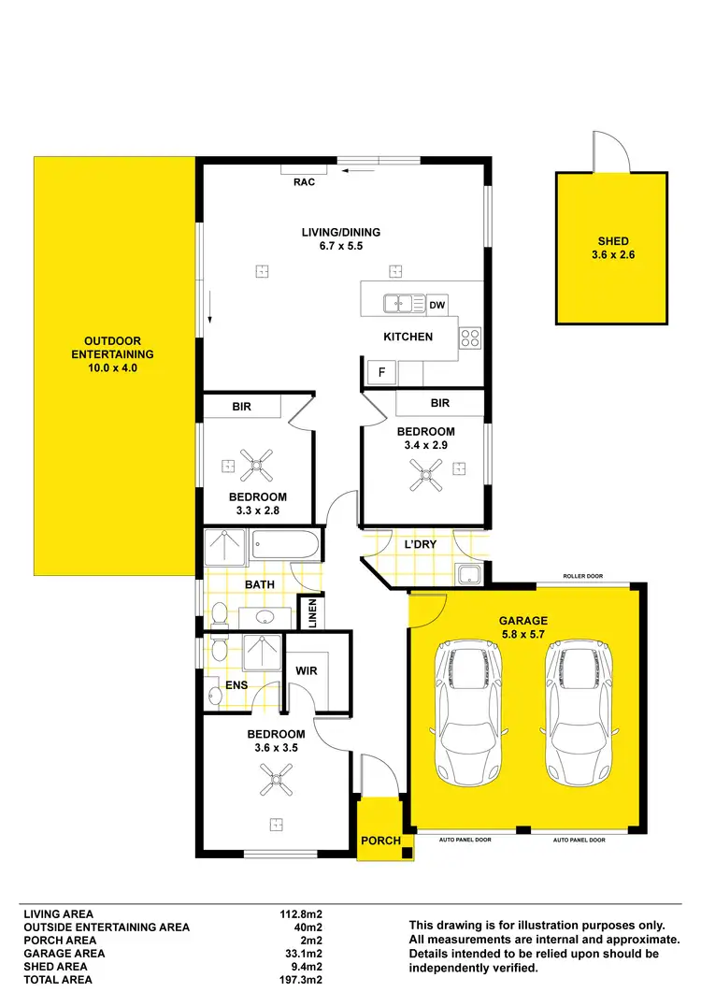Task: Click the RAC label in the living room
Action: tap(304, 182)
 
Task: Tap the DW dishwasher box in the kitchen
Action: tap(437, 305)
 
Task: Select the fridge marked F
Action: tap(381, 372)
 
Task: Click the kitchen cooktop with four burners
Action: tap(469, 339)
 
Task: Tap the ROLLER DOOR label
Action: tap(585, 576)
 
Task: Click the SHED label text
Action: tap(612, 241)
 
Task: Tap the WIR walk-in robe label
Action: tap(307, 670)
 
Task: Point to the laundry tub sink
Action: tap(466, 574)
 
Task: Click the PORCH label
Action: tap(380, 841)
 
